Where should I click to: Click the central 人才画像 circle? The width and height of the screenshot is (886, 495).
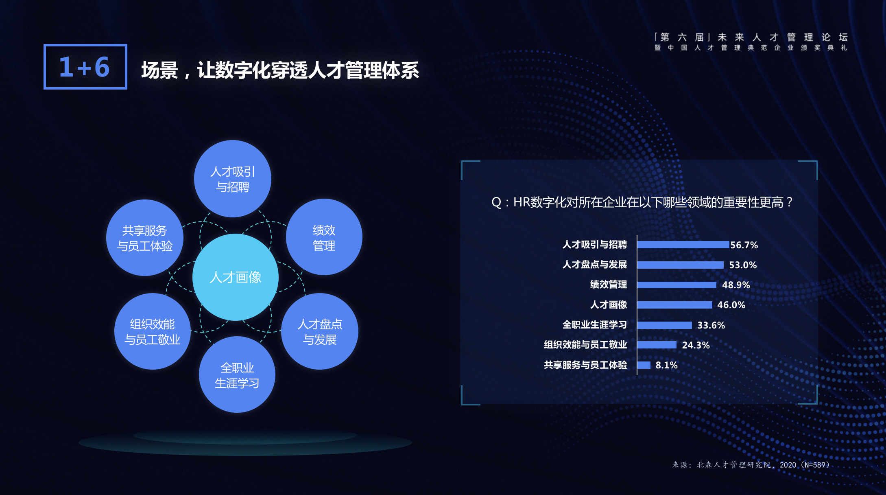[x=236, y=277]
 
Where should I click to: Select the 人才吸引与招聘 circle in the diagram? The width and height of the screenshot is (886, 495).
[x=233, y=179]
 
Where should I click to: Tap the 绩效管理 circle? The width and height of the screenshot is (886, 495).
[x=324, y=237]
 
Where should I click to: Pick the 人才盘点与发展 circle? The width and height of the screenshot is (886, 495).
[x=320, y=331]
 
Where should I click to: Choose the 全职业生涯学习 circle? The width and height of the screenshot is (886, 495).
[x=237, y=375]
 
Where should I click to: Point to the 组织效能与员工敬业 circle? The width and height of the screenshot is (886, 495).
[x=153, y=331]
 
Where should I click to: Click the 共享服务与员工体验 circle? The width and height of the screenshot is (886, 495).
[x=145, y=238]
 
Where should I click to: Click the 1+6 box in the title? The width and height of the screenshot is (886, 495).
[x=85, y=67]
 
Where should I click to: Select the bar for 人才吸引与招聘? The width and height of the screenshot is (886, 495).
[x=683, y=245]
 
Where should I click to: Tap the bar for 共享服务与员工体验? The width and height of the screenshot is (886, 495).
[x=644, y=365]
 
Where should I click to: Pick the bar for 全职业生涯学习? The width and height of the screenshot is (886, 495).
[x=665, y=325]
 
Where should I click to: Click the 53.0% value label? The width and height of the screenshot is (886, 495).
[x=743, y=265]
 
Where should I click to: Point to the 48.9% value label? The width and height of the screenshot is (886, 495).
[x=736, y=285]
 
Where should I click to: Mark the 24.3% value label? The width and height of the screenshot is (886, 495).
[x=696, y=345]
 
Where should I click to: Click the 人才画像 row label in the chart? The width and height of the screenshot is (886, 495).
[x=609, y=305]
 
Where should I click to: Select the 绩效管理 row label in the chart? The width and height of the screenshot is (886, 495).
[x=609, y=285]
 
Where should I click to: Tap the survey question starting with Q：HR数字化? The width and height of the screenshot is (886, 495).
[x=642, y=202]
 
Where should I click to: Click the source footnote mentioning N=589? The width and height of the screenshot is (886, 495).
[x=751, y=465]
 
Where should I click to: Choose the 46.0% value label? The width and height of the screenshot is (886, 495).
[x=731, y=305]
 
